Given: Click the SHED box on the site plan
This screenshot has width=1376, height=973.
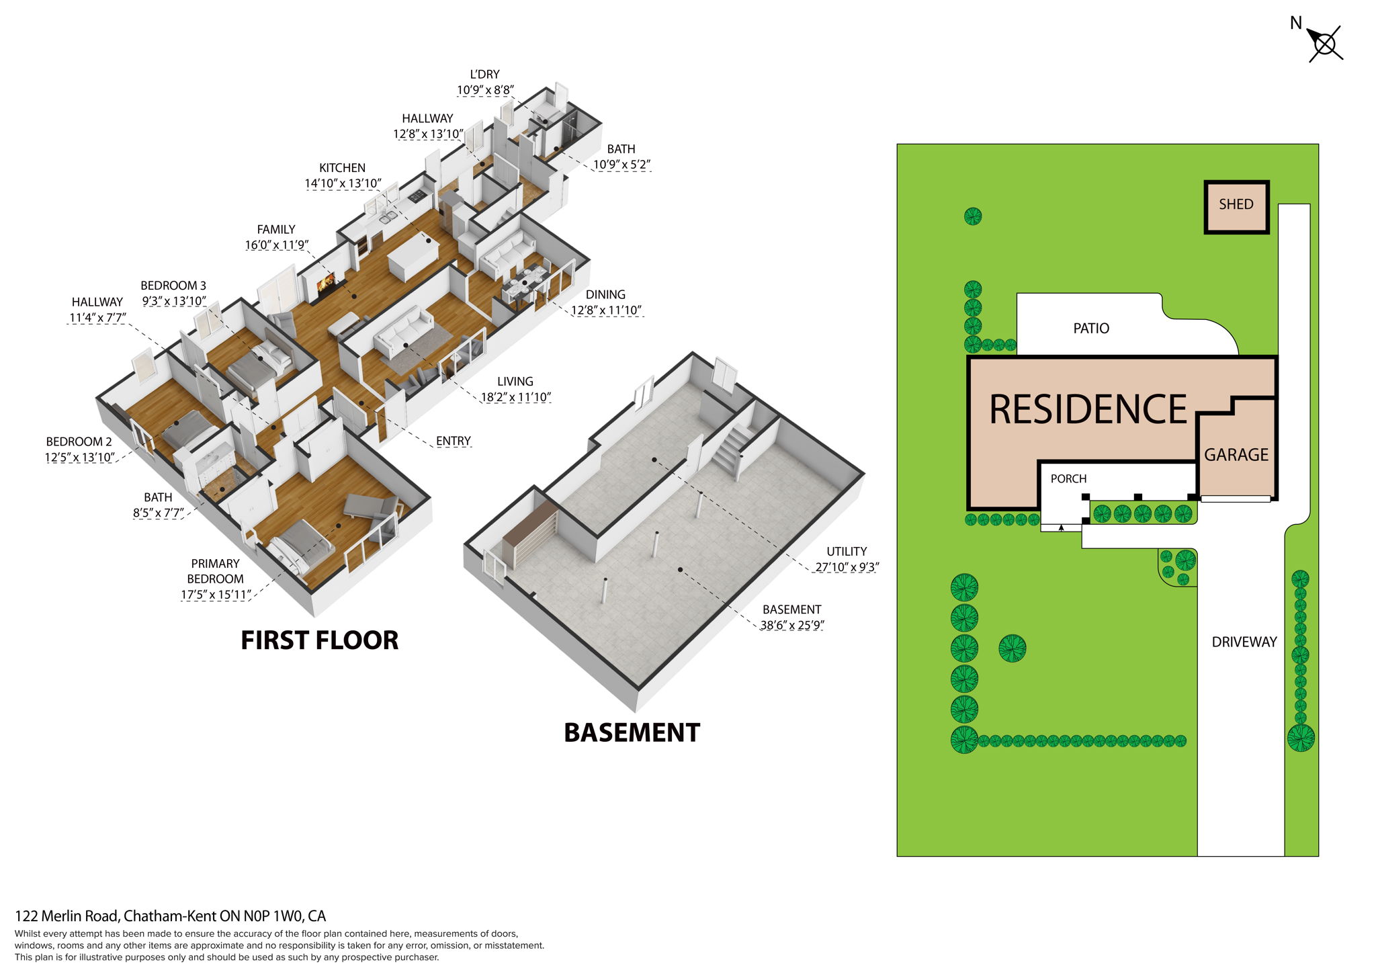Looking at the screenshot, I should pyautogui.click(x=1236, y=206).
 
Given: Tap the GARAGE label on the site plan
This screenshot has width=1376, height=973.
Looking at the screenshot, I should pyautogui.click(x=1236, y=455).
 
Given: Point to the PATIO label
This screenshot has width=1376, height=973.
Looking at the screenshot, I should pyautogui.click(x=1090, y=329).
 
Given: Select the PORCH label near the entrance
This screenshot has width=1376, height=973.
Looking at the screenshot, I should pyautogui.click(x=1068, y=479).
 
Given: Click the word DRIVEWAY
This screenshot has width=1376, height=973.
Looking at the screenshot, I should pyautogui.click(x=1244, y=642).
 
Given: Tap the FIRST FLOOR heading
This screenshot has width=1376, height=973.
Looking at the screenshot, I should pyautogui.click(x=319, y=640).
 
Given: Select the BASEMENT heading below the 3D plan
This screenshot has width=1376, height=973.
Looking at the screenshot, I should pyautogui.click(x=632, y=732).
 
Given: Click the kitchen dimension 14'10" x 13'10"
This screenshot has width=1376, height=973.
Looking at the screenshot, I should pyautogui.click(x=343, y=183).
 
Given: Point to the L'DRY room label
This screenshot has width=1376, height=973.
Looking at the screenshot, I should pyautogui.click(x=484, y=75).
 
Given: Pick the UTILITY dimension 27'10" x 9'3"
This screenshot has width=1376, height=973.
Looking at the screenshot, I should pyautogui.click(x=847, y=567).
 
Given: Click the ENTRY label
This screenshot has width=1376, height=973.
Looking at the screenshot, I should pyautogui.click(x=453, y=441).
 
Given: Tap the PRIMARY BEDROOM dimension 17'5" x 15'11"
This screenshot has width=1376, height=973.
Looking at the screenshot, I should pyautogui.click(x=216, y=595).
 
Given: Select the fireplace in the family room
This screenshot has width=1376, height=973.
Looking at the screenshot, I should pyautogui.click(x=325, y=285).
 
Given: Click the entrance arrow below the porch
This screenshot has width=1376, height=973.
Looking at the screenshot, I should pyautogui.click(x=1061, y=527).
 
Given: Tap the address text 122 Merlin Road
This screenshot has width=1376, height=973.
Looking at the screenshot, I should pyautogui.click(x=170, y=916).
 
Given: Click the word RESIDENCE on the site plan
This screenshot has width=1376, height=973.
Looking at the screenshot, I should pyautogui.click(x=1088, y=409).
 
